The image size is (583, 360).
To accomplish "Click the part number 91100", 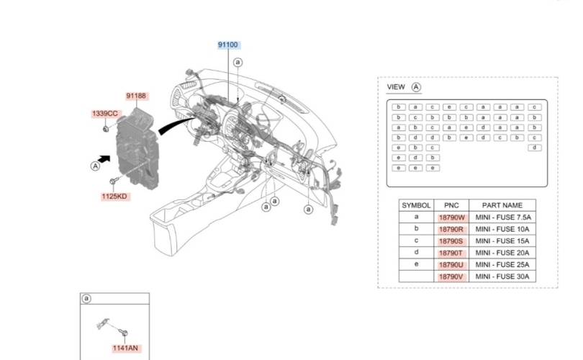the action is pyautogui.click(x=227, y=45).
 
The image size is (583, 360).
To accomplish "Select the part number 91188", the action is pyautogui.click(x=136, y=96).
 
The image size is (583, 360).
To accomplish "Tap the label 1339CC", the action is pyautogui.click(x=105, y=114).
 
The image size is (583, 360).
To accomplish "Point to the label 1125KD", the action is pyautogui.click(x=114, y=197).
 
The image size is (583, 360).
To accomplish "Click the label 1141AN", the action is pyautogui.click(x=125, y=348).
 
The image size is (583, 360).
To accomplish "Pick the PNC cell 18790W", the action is pyautogui.click(x=451, y=217).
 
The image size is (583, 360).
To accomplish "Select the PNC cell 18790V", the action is pyautogui.click(x=451, y=276).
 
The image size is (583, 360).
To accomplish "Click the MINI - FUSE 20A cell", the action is pyautogui.click(x=502, y=253).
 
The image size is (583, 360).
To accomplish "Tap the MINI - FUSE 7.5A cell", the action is pyautogui.click(x=503, y=217).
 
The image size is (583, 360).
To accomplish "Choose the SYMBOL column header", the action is pyautogui.click(x=416, y=205).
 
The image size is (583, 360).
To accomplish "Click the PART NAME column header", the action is pyautogui.click(x=502, y=205).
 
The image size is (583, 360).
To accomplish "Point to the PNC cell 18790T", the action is pyautogui.click(x=451, y=253).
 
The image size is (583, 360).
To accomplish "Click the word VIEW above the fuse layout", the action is pyautogui.click(x=396, y=87).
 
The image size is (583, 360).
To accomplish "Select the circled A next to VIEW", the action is pyautogui.click(x=416, y=87).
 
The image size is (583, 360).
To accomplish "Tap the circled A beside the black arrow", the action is pyautogui.click(x=95, y=166).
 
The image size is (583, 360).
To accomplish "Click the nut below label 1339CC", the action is pyautogui.click(x=106, y=129).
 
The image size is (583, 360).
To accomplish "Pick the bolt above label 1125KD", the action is pyautogui.click(x=114, y=181).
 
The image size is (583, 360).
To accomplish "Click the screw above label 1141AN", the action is pyautogui.click(x=123, y=332).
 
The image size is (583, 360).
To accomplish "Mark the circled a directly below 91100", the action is pyautogui.click(x=238, y=62).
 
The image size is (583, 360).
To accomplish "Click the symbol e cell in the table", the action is pyautogui.click(x=416, y=264).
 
